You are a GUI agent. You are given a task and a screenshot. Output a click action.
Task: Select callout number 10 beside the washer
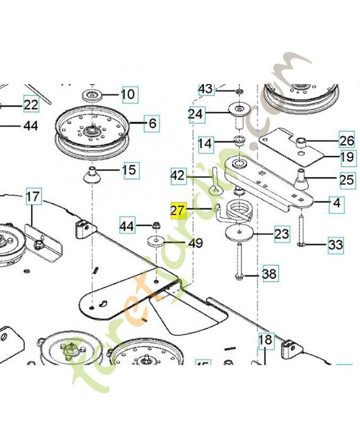point(128,94)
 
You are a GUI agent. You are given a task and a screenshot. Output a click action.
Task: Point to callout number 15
point(129,170)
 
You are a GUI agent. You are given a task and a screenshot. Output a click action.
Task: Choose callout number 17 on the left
point(33,196)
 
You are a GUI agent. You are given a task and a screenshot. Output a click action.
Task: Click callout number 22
point(31,104)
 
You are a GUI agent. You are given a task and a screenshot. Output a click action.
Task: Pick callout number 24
point(196,114)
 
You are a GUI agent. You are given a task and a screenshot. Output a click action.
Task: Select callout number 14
point(205,144)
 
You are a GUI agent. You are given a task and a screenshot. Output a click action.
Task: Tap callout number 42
point(178,176)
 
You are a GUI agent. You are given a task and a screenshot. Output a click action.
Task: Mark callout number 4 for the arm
point(336,203)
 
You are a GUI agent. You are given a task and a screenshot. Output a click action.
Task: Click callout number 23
point(282,234)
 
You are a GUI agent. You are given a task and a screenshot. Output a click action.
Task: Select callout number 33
point(335,244)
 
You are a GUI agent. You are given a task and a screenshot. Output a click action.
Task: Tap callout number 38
point(270,273)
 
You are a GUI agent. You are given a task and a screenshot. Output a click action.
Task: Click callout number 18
point(266,339)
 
